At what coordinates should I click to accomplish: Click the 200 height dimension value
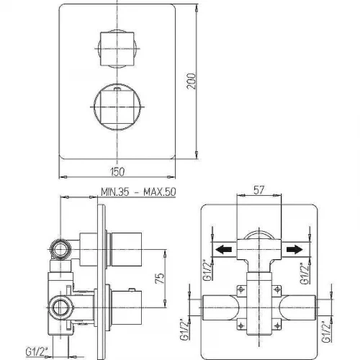point(192,81)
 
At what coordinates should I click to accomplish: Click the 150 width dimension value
point(117,172)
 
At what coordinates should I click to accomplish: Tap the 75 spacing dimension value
point(160,278)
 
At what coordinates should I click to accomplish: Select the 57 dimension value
point(258,190)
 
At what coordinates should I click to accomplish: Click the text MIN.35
point(115,192)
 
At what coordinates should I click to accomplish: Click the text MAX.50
point(160,192)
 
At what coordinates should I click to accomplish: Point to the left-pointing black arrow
point(223,249)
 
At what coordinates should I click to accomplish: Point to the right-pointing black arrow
point(294,249)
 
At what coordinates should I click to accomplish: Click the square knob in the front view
point(117,49)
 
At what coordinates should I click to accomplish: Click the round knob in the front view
point(117,107)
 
